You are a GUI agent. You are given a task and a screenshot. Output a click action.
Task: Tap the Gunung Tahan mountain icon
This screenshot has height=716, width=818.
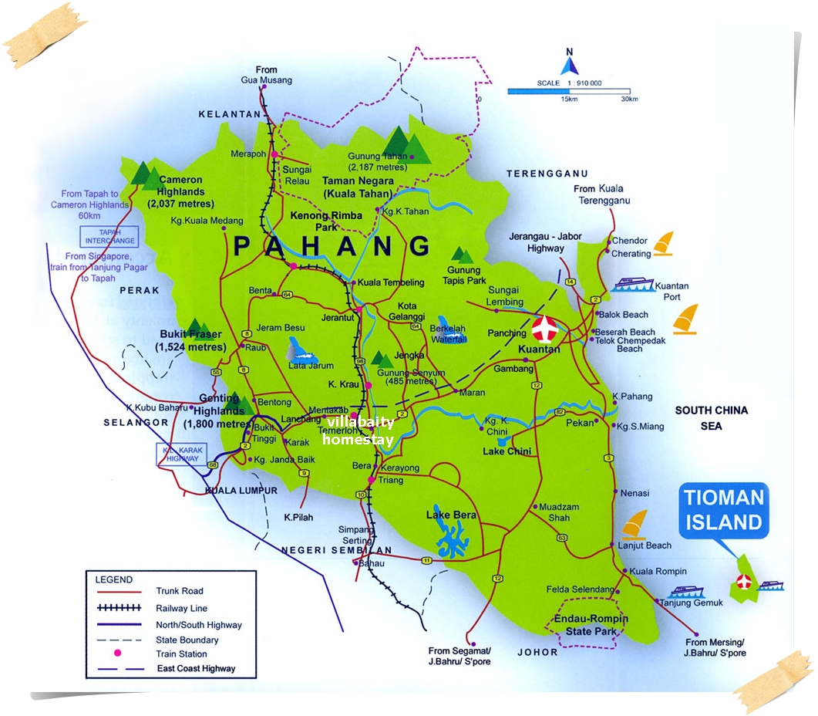(x=407, y=144)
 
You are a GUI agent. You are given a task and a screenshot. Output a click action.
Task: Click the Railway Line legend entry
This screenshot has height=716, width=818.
(x=181, y=608)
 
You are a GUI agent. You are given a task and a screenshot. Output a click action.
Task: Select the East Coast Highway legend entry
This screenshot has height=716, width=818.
(x=196, y=669)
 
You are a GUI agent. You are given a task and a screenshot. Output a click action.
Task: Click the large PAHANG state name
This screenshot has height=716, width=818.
(x=332, y=246)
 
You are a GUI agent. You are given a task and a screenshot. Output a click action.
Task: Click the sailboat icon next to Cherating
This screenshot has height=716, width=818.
(x=664, y=245)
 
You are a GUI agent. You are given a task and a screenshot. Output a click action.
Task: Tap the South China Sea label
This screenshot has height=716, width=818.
(x=711, y=417)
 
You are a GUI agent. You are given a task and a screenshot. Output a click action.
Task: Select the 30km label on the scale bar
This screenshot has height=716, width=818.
(x=628, y=99)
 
